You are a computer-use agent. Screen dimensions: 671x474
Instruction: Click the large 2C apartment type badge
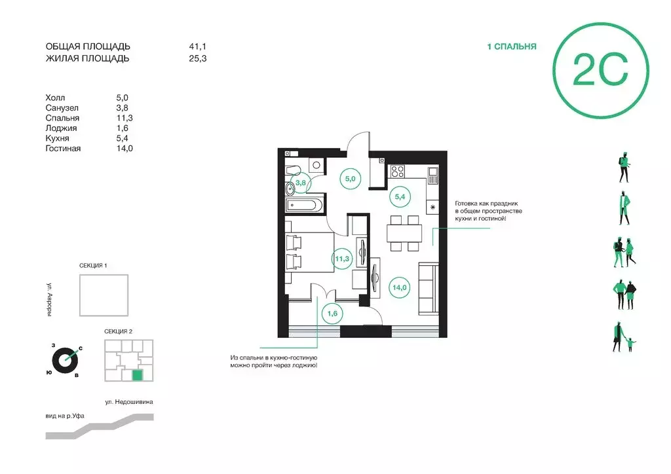coord(600,71)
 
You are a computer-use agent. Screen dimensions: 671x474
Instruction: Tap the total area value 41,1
coord(198,46)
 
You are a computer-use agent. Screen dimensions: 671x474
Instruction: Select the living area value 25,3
coord(198,58)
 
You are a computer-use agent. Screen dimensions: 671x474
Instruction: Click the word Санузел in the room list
coord(62,108)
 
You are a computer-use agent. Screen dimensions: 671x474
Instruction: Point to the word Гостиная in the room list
coord(63,149)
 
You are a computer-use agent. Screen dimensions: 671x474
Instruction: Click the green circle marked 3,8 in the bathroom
coord(300,183)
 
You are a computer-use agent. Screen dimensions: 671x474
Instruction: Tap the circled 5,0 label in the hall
coord(350,179)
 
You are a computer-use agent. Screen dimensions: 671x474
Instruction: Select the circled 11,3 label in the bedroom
coord(342,259)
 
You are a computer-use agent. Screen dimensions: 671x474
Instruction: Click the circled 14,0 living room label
coord(400,287)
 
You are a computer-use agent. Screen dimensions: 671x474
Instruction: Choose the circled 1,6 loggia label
coord(332,314)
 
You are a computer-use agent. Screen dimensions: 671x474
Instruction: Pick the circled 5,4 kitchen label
coord(400,196)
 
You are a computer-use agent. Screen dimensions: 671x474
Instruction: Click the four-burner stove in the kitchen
coord(398,172)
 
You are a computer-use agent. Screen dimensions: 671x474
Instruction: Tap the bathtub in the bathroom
coord(301,205)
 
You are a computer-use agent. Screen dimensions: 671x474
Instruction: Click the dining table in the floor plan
coord(404,233)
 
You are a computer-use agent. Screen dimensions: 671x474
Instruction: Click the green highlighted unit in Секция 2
coord(137,375)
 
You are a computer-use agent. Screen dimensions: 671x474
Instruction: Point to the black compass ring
coord(66,361)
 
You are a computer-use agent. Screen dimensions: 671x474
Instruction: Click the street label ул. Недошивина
coord(129,402)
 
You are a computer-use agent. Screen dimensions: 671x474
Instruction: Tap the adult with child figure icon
coord(624,337)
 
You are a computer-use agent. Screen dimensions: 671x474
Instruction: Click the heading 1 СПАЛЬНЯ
coord(511,46)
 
